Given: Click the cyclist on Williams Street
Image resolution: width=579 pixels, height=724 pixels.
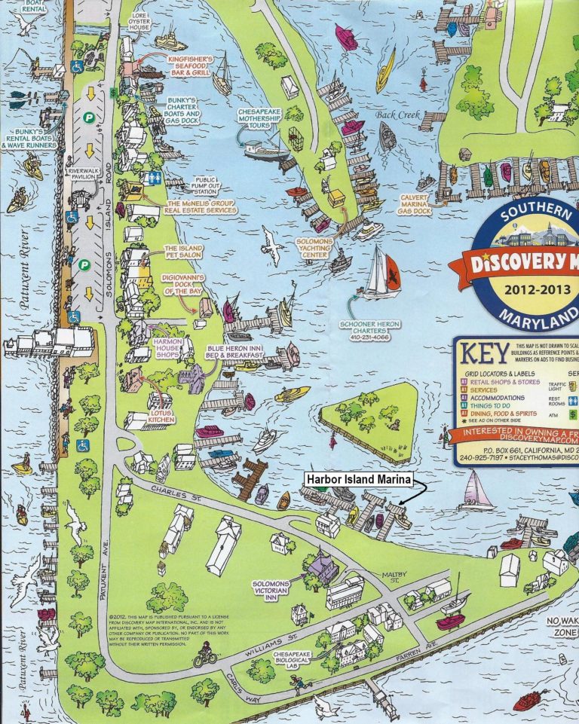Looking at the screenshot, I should [x=204, y=658].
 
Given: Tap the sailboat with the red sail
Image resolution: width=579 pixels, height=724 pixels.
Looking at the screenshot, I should [x=383, y=274].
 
